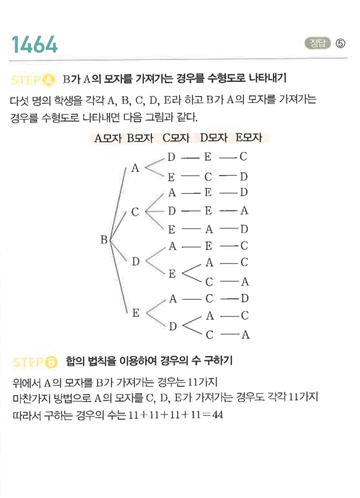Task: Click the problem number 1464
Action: (x=35, y=44)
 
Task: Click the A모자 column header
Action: (x=108, y=138)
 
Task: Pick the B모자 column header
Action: (x=140, y=138)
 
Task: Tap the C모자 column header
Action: (x=176, y=138)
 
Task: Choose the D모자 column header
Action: (x=213, y=138)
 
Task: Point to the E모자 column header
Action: (x=248, y=138)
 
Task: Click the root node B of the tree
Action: (x=104, y=240)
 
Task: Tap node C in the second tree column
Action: (x=136, y=212)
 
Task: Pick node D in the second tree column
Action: (x=136, y=261)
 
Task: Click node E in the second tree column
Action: (x=136, y=313)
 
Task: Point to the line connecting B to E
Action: (x=119, y=277)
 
